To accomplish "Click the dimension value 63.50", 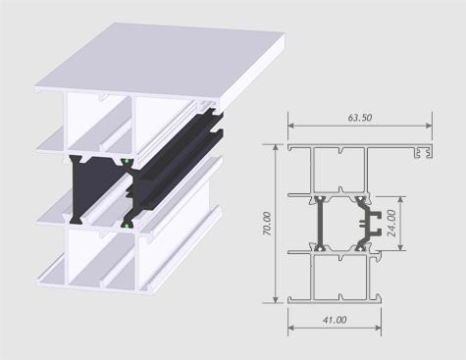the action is pyautogui.click(x=360, y=118).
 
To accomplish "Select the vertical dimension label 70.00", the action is pyautogui.click(x=267, y=224).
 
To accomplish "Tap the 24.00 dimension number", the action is pyautogui.click(x=391, y=224).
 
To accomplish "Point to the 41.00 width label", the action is pyautogui.click(x=335, y=320).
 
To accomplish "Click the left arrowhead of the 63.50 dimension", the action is pyautogui.click(x=291, y=126).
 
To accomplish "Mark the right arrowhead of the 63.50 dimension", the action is pyautogui.click(x=429, y=126).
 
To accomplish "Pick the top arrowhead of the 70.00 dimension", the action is pyautogui.click(x=276, y=148).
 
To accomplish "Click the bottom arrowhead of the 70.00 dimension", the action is pyautogui.click(x=276, y=299).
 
